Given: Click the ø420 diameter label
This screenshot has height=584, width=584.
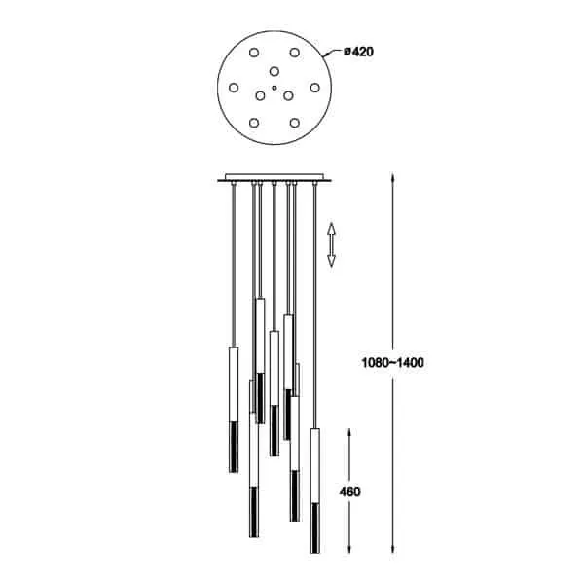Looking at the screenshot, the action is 358,52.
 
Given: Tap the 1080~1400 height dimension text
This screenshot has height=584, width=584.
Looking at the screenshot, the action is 392,362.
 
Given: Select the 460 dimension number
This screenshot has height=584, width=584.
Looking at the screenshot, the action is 349,492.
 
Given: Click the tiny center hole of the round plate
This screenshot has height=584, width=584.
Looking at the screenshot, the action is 274,88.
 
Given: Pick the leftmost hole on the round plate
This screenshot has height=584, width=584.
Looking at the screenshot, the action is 234,88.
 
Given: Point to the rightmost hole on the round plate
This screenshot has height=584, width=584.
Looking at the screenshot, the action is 315,88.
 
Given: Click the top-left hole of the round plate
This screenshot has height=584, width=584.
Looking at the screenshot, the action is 254,53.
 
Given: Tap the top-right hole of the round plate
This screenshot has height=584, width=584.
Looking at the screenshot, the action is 295,53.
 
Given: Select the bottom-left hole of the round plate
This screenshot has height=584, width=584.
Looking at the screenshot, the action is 254,123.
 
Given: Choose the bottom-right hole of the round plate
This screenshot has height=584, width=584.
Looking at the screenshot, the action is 295,123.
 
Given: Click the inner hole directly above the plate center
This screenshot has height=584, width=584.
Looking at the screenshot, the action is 274,71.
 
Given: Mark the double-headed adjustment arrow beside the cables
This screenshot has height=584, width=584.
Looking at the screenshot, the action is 331,244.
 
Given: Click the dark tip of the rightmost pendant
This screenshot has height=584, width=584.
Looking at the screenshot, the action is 315,529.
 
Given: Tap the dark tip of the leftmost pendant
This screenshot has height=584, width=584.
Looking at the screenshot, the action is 234,448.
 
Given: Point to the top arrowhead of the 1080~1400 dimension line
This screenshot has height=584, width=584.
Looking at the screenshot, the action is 392,177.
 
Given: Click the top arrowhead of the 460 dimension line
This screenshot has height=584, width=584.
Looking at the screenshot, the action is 349,433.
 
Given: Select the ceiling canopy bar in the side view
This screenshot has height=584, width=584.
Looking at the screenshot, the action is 274,178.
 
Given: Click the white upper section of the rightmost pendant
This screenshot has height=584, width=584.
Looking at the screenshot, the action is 315,466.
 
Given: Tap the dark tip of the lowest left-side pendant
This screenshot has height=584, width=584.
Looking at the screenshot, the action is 254,512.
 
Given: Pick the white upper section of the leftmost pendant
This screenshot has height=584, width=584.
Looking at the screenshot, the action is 234,384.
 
